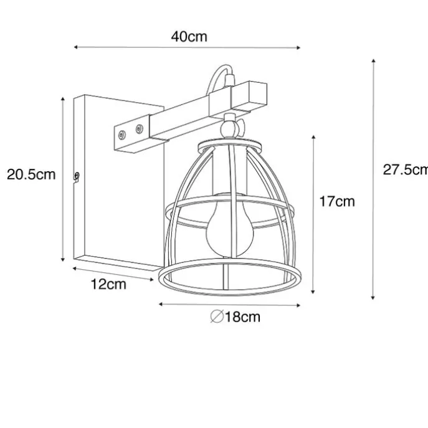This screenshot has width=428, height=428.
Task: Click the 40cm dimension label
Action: pos(189,37)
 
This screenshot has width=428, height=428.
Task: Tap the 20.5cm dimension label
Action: pos(31,174)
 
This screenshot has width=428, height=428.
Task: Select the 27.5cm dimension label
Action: pos(406,170)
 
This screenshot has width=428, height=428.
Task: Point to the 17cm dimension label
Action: pos(337,201)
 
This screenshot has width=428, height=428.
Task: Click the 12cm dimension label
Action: pos(108,284)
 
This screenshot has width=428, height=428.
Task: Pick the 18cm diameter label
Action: pos(242,316)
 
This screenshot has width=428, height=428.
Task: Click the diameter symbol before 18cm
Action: pos(217,316)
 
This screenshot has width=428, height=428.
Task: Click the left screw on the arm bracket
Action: pos(121,135)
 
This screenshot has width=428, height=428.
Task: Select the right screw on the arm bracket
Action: pos(139,128)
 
